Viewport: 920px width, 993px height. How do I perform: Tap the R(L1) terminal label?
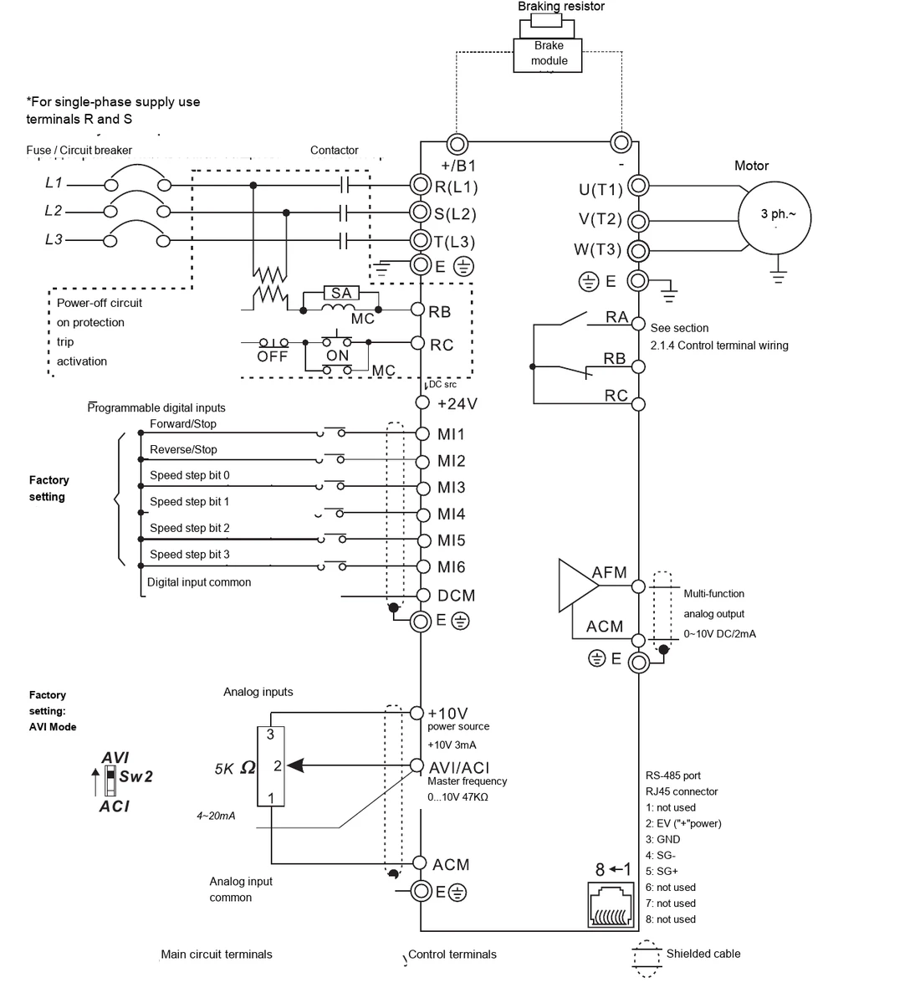[x=456, y=187]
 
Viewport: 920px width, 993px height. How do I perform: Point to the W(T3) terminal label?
[x=598, y=249]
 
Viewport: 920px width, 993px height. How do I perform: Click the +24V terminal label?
[x=457, y=403]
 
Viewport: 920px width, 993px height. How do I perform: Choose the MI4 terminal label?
[x=452, y=514]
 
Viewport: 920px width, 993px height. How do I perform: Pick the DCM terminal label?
[x=456, y=596]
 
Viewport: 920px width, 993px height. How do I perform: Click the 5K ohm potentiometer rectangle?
[x=270, y=766]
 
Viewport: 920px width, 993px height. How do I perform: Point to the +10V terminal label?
[x=447, y=714]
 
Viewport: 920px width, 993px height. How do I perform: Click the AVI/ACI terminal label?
[x=459, y=768]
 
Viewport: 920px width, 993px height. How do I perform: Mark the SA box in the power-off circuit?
[x=341, y=293]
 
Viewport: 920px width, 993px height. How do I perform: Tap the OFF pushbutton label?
[x=273, y=356]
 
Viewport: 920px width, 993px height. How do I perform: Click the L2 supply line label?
[x=54, y=210]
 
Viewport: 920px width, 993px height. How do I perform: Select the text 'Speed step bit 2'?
[x=189, y=528]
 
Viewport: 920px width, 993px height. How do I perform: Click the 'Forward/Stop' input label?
[x=183, y=423]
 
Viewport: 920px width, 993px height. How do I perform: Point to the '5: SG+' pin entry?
[x=662, y=872]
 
